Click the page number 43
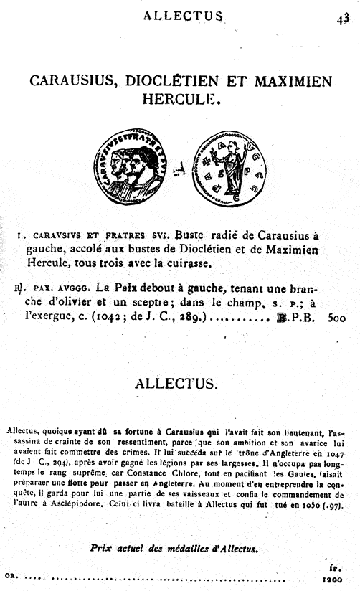tap(342, 19)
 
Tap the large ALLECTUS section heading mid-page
tap(176, 384)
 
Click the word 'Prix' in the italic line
tap(102, 547)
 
